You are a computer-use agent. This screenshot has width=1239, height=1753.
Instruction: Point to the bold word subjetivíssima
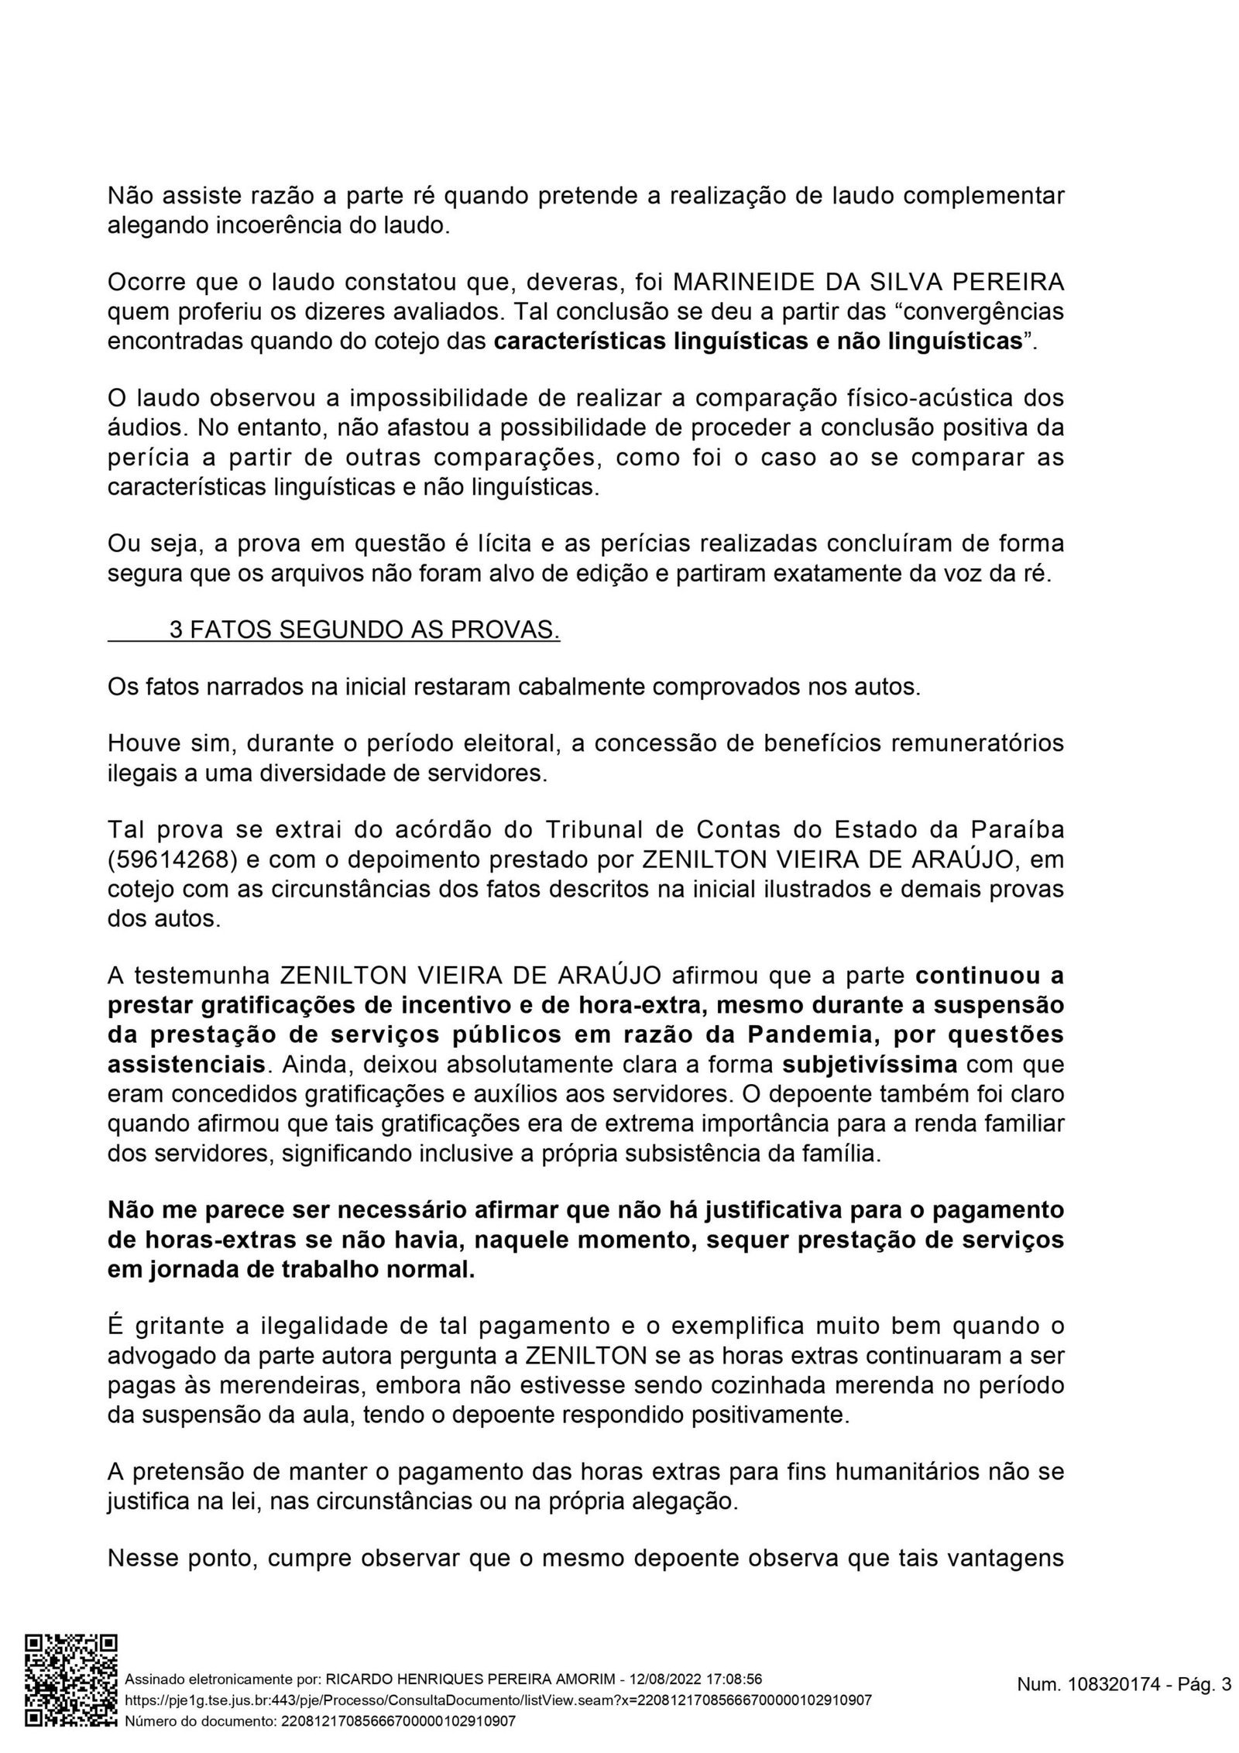(x=870, y=1065)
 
